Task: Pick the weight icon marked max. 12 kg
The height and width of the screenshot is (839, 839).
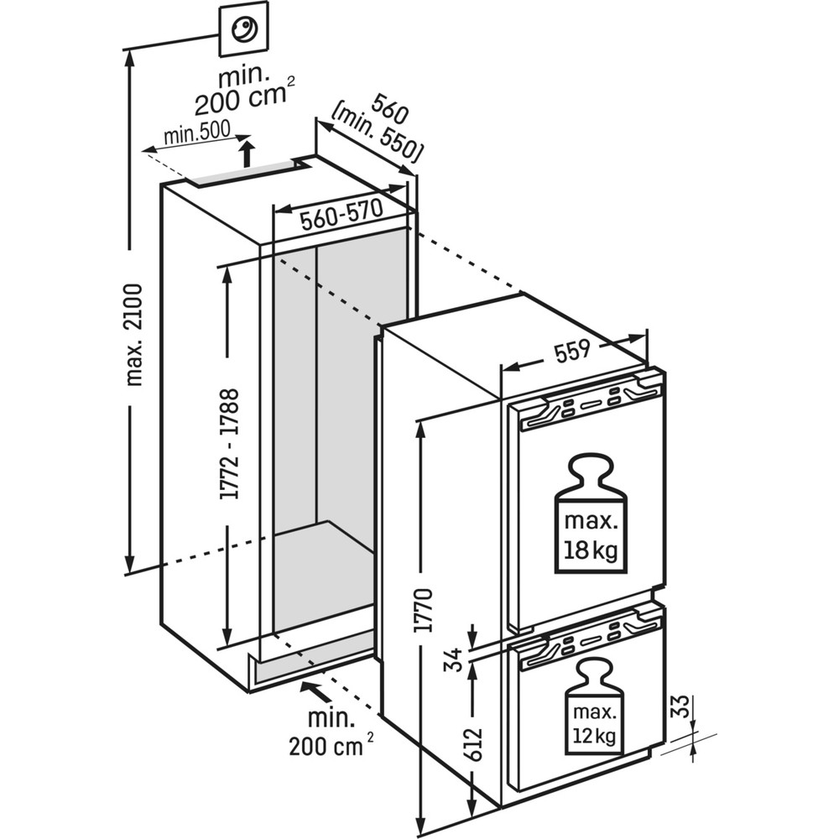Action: pyautogui.click(x=594, y=707)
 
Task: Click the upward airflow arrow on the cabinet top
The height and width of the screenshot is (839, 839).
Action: pyautogui.click(x=247, y=154)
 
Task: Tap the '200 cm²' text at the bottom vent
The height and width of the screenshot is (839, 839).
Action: pyautogui.click(x=326, y=743)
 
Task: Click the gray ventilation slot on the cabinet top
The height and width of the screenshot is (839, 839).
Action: pyautogui.click(x=240, y=174)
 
